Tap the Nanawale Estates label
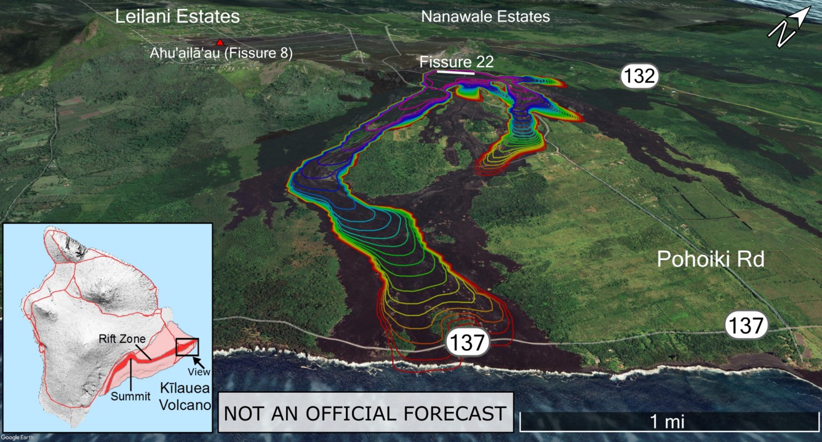point(485,17)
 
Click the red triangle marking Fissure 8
point(220,42)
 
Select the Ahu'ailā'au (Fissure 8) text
point(221,53)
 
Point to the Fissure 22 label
point(457,62)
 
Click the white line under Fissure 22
point(455,73)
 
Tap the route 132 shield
point(639,77)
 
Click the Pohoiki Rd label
point(711,259)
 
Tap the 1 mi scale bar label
point(667,421)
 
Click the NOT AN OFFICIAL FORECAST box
point(365,413)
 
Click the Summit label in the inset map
point(130,396)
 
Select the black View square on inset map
point(187,347)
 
